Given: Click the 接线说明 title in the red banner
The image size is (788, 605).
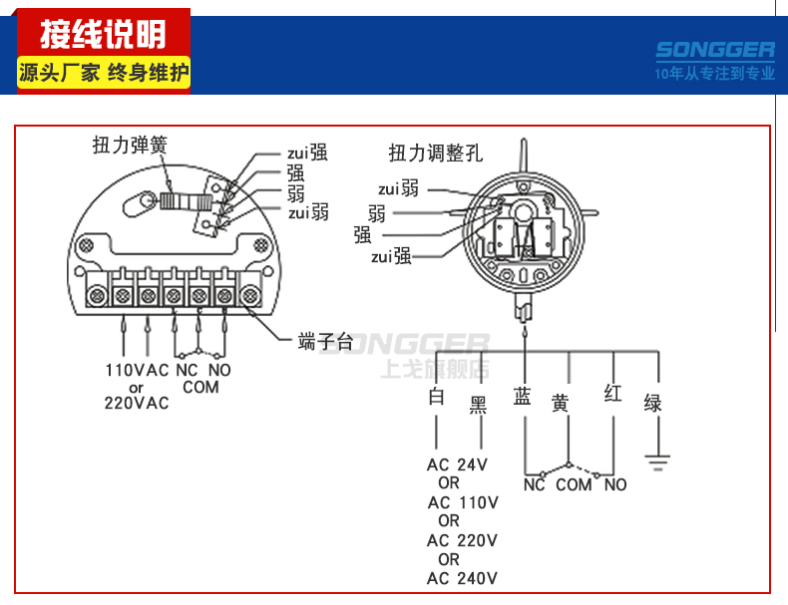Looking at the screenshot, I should coord(102,36).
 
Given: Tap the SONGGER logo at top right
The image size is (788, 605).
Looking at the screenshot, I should coord(715,50).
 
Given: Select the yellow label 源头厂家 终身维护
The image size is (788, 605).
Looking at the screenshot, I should coord(103,73).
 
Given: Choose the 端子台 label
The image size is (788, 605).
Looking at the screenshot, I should coord(324,342).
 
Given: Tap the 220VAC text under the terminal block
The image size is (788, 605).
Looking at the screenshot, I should coord(137,403).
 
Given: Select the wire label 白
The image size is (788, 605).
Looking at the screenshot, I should coord(435,397).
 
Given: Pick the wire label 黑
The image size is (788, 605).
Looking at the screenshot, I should coord(479,404).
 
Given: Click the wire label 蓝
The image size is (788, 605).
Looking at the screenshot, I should coord(522,396).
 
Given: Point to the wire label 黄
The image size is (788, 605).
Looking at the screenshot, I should coord(561,404).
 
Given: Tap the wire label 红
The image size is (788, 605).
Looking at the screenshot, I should coord(612,394).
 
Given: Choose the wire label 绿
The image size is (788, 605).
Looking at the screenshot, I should coord(653,404).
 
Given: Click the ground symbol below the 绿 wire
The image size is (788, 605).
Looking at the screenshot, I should coord(655,459).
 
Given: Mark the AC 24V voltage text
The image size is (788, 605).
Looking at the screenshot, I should coord(457,464).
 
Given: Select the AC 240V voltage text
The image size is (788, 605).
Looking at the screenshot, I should coord(462,578).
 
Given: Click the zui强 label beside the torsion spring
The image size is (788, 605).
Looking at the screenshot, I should coord(304,152).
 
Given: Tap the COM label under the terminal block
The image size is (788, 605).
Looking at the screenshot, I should coord(200,387).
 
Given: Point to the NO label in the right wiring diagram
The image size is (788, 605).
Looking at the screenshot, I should coord(615,484).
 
